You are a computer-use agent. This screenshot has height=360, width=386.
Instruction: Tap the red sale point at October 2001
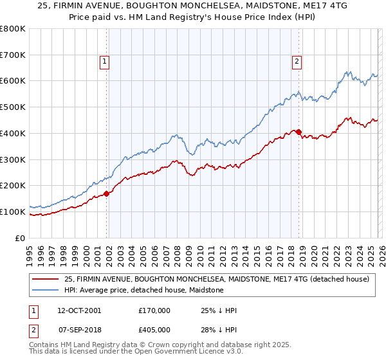click(106, 194)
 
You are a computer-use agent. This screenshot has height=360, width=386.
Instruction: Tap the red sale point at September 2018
click(299, 132)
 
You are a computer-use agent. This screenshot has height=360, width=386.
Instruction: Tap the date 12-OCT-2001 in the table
click(79, 310)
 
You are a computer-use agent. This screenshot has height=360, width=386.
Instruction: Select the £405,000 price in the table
click(154, 330)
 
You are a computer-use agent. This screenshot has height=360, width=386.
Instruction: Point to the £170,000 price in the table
click(154, 310)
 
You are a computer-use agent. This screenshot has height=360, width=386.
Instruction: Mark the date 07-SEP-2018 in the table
click(79, 330)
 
